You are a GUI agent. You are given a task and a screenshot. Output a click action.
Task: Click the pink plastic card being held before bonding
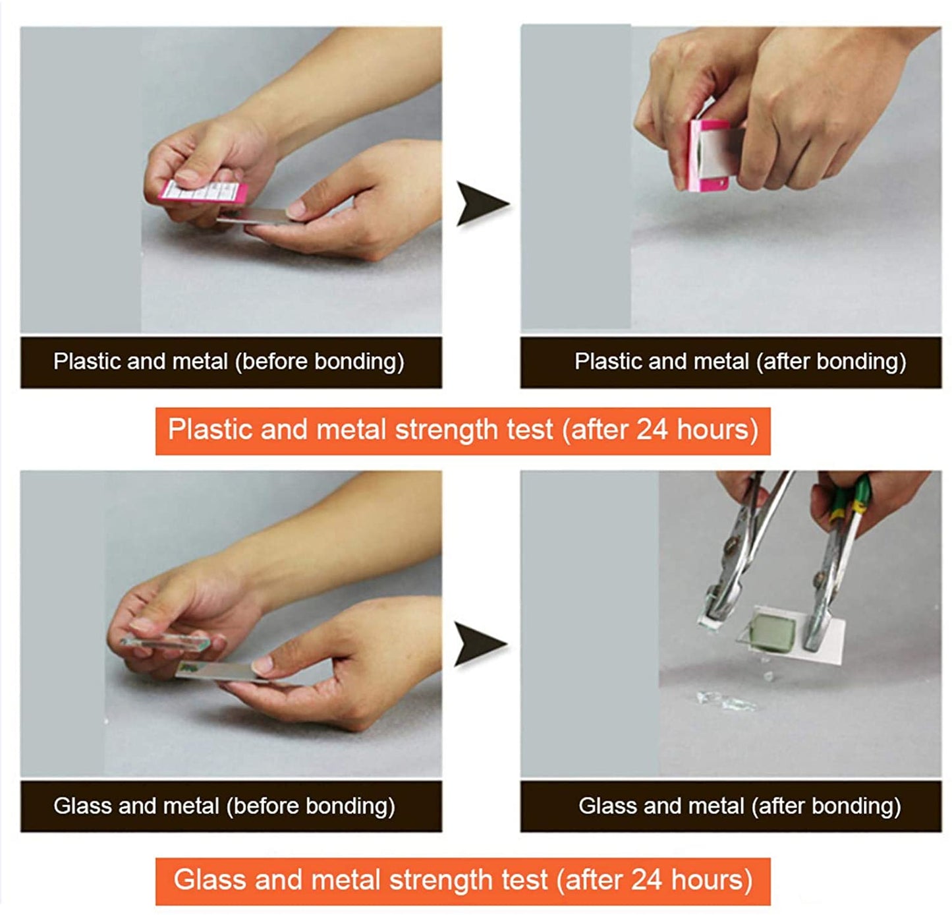tap(203, 191)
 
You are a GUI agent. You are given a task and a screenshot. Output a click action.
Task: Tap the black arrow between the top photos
tap(480, 203)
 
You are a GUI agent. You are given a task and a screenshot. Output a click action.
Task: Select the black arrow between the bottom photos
tap(479, 643)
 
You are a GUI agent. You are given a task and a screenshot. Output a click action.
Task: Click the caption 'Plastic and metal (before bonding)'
tap(229, 361)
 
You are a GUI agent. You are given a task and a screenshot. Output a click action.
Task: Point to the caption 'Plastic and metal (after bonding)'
tap(740, 361)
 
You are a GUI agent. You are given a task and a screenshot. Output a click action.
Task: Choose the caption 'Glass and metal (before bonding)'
tap(224, 806)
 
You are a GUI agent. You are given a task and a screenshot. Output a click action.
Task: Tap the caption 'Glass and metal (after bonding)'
tap(739, 806)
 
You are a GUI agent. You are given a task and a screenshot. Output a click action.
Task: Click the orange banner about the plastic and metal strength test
tap(462, 431)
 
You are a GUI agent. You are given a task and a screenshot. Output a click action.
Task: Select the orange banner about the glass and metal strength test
tap(462, 881)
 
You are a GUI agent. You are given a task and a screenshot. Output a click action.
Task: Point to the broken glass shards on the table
tap(726, 700)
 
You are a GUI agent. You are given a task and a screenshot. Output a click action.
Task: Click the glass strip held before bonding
tap(165, 642)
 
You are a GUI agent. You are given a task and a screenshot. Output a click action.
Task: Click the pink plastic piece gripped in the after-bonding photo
tap(708, 155)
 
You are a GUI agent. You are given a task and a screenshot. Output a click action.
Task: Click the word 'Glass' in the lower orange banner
tap(210, 880)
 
